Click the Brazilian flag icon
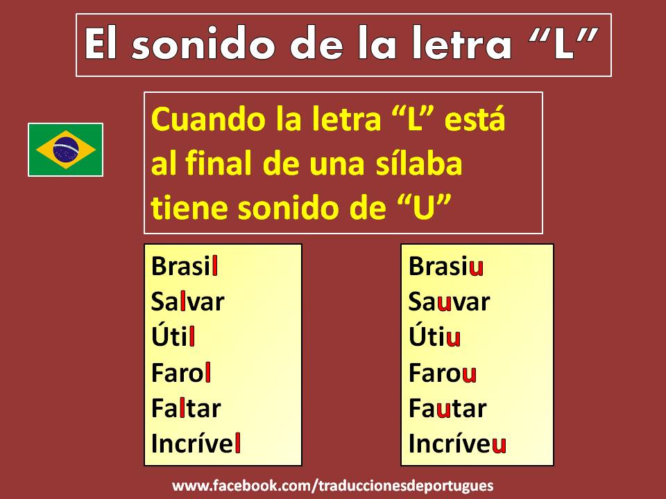point(66,150)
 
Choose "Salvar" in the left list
point(188,302)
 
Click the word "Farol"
point(181,373)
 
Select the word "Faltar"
point(186,408)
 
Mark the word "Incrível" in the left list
point(196,444)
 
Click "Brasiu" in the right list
point(445,267)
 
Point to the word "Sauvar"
point(449,302)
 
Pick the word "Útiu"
point(434,338)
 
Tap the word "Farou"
point(442,373)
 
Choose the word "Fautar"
point(447,408)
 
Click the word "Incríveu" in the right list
point(456,444)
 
